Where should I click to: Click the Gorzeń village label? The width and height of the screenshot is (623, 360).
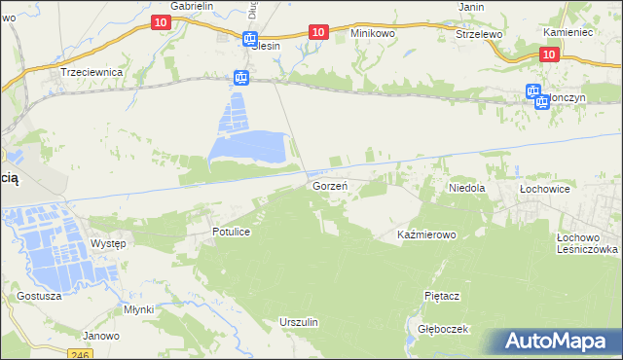330,185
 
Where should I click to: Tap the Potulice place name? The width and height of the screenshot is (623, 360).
233,232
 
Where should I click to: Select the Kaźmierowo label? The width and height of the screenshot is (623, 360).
427,235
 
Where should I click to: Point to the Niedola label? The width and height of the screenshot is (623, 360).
466,187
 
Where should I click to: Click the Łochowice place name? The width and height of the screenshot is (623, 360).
543,187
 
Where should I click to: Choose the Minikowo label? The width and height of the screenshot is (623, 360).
373,32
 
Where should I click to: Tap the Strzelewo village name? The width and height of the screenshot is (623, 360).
478,33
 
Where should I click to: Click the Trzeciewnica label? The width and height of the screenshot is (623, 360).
91,72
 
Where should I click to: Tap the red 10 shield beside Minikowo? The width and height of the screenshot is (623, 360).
317,32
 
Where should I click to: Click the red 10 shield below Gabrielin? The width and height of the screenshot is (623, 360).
162,20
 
